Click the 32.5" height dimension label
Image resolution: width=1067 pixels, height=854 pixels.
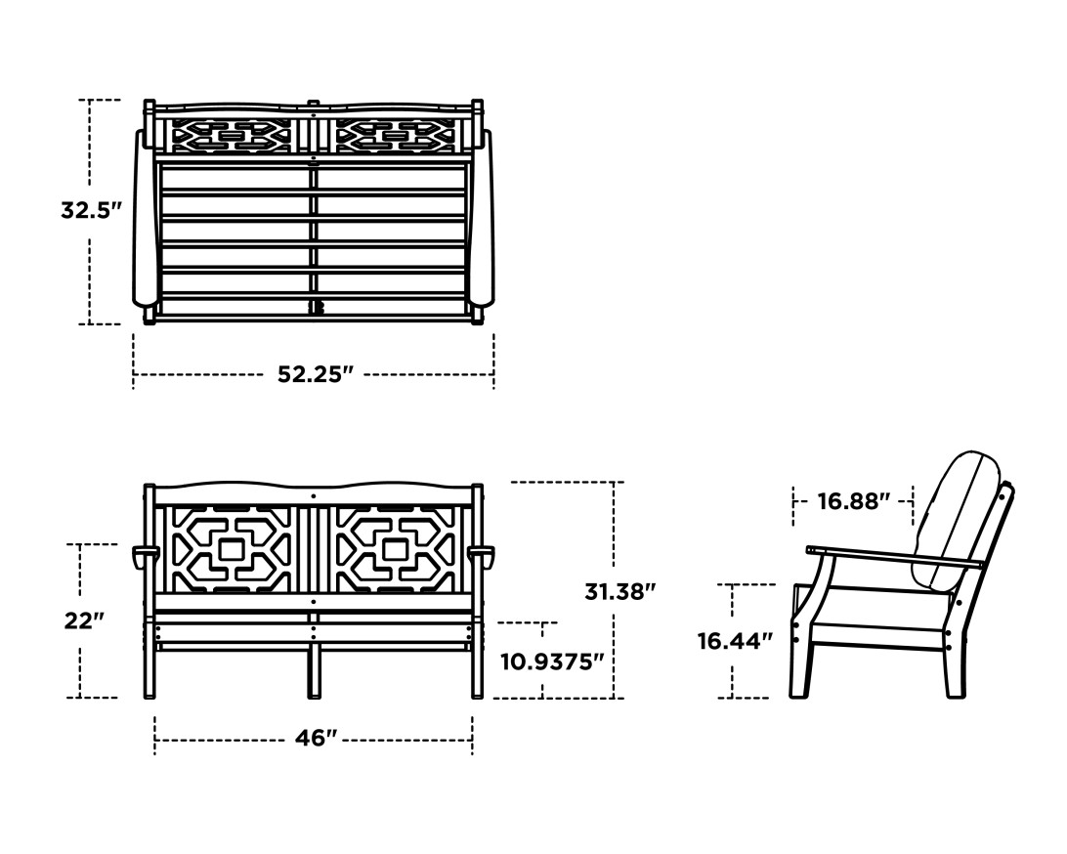coord(91,210)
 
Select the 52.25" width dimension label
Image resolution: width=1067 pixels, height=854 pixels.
coord(314,374)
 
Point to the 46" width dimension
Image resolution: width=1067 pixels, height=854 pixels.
coord(316,739)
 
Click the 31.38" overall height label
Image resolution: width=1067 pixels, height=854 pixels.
coord(619,590)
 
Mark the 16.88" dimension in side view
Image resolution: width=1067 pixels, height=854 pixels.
coord(853,501)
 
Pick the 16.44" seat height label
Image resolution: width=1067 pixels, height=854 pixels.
coord(735,641)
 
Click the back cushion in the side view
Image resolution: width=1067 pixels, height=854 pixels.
coord(962,518)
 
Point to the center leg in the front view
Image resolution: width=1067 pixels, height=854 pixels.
coord(314,669)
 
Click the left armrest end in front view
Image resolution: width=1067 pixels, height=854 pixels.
coord(145,556)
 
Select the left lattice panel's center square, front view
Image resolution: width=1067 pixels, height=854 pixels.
coord(230,550)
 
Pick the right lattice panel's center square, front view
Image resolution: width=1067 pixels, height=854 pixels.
coord(396,550)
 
